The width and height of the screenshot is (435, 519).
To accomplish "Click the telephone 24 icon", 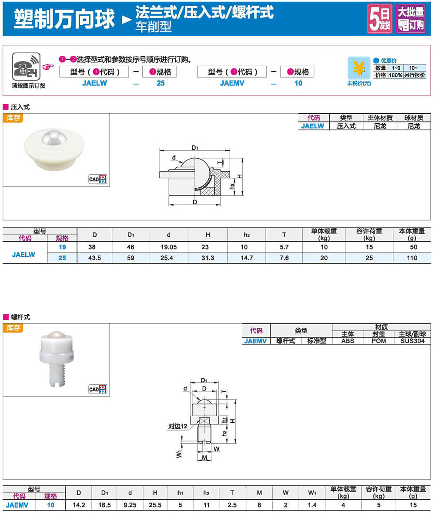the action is pos(26,66).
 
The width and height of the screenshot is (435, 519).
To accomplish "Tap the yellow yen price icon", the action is pos(359,68).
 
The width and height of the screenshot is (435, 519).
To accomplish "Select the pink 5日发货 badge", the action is pos(380,19).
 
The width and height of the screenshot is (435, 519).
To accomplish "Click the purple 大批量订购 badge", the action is pos(411,19).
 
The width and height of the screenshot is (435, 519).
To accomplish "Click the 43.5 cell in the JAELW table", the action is pos(94,258).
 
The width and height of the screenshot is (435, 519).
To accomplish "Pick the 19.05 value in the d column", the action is pos(168,247).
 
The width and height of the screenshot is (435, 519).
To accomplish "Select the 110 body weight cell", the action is pos(412,258).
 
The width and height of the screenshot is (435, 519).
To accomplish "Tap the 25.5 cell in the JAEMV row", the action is pos(155,505).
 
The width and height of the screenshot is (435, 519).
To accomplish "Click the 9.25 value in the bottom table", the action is pos(130,505).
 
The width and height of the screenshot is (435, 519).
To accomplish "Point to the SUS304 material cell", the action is pos(412,341).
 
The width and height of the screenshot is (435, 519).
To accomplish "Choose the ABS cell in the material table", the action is pos(348,341).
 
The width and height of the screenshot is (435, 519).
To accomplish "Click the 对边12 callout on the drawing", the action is pos(178,426).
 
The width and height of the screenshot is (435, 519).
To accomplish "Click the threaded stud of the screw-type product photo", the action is pos(57,374).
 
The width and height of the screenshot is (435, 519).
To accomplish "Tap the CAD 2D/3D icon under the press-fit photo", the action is pos(98,179).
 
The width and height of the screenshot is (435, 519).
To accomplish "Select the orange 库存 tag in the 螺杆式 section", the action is pos(13,328).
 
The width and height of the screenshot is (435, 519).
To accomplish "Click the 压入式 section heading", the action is pos(20,107).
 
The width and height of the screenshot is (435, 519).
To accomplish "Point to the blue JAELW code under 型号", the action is pos(94,83).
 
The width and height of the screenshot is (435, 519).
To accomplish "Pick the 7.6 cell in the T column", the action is pos(284,258).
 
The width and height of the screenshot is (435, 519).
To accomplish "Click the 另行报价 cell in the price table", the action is pos(415,75).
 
